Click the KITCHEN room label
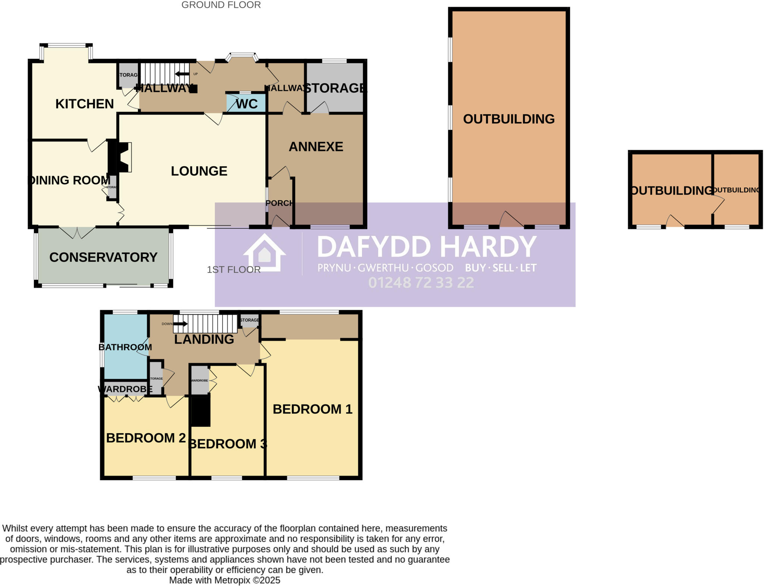[x=84, y=104]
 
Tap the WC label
[x=247, y=104]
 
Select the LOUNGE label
[x=199, y=171]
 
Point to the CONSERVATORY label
[x=103, y=257]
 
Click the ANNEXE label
[x=316, y=146]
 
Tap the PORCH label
[x=279, y=203]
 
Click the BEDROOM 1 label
[x=312, y=409]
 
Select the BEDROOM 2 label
[x=146, y=438]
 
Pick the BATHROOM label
[x=125, y=347]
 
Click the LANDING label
[x=204, y=339]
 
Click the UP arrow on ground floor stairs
[x=182, y=74]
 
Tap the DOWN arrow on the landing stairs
[x=180, y=324]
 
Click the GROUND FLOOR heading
[x=221, y=5]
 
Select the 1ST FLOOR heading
[x=234, y=270]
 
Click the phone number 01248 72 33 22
[x=421, y=283]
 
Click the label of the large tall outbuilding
[x=508, y=119]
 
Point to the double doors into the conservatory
[x=77, y=233]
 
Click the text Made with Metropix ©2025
[x=225, y=580]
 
